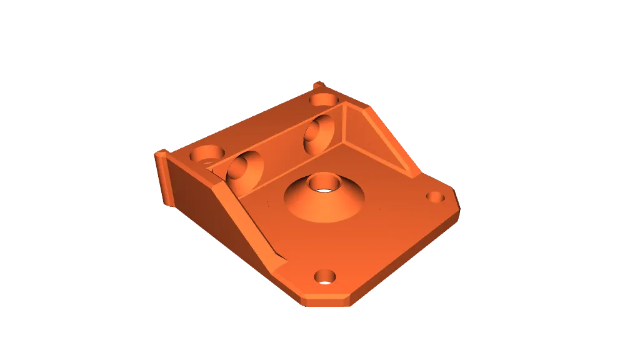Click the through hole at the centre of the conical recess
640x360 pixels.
pyautogui.click(x=324, y=183)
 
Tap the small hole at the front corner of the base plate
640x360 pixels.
pyautogui.click(x=325, y=276)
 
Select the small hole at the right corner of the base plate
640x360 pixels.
pyautogui.click(x=435, y=197)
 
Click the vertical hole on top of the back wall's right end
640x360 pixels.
pyautogui.click(x=323, y=99)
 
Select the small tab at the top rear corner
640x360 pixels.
pyautogui.click(x=318, y=86)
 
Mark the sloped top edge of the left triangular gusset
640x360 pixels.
pyautogui.click(x=250, y=219)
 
